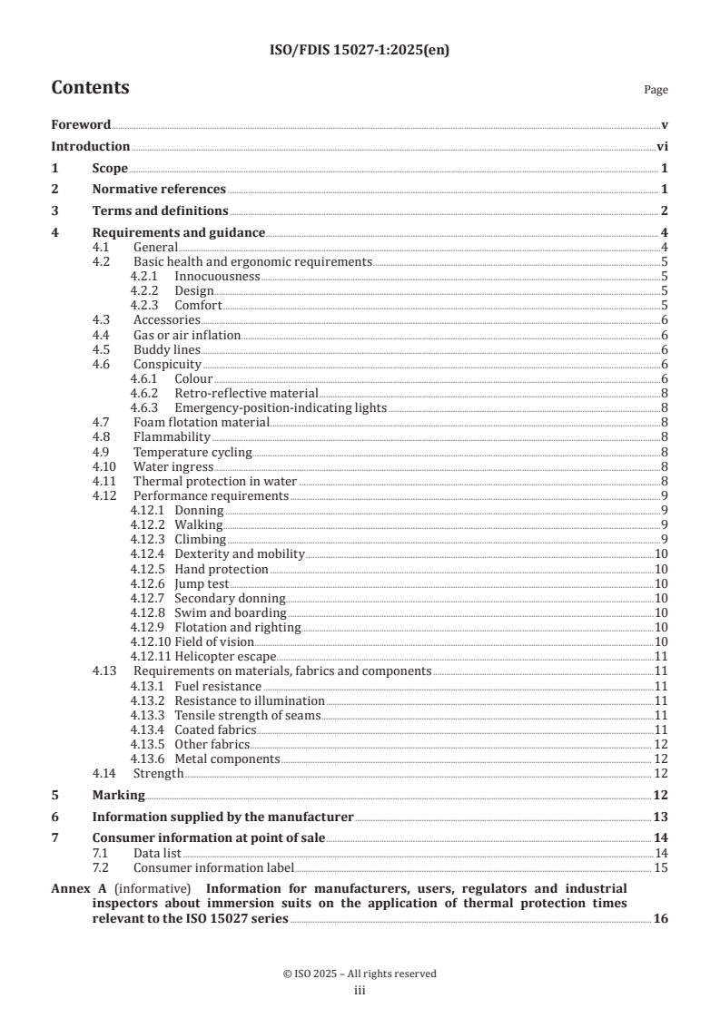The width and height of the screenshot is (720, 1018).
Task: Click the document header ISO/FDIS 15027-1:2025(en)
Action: click(360, 51)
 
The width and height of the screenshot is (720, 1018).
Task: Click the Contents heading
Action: click(90, 88)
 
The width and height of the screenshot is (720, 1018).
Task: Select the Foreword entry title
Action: click(81, 124)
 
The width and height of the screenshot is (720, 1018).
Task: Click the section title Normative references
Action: click(159, 189)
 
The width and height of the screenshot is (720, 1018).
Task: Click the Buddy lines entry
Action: click(166, 349)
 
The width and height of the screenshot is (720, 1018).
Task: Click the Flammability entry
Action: click(172, 437)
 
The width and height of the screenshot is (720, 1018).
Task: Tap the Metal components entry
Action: click(227, 759)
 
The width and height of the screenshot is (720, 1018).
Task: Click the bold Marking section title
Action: click(118, 795)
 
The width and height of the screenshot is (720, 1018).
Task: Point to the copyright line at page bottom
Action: click(360, 974)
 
